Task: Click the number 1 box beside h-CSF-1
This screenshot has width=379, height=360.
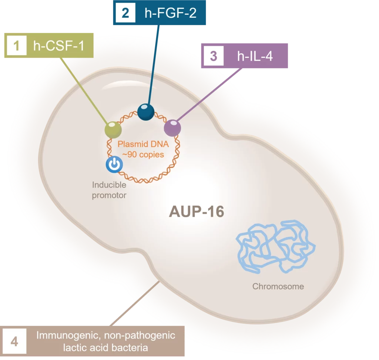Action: (x=16, y=47)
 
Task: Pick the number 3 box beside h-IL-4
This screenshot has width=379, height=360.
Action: (x=213, y=56)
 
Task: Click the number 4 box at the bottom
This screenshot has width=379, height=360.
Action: (x=14, y=341)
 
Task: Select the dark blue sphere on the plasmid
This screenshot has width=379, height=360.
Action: (x=146, y=112)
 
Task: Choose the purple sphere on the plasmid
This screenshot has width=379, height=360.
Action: (x=172, y=128)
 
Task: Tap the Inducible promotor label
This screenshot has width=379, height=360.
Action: (x=109, y=190)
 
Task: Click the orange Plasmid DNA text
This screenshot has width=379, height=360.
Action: (x=144, y=145)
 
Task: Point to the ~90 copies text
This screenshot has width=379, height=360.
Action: (x=144, y=154)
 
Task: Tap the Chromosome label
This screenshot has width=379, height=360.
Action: (x=278, y=286)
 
